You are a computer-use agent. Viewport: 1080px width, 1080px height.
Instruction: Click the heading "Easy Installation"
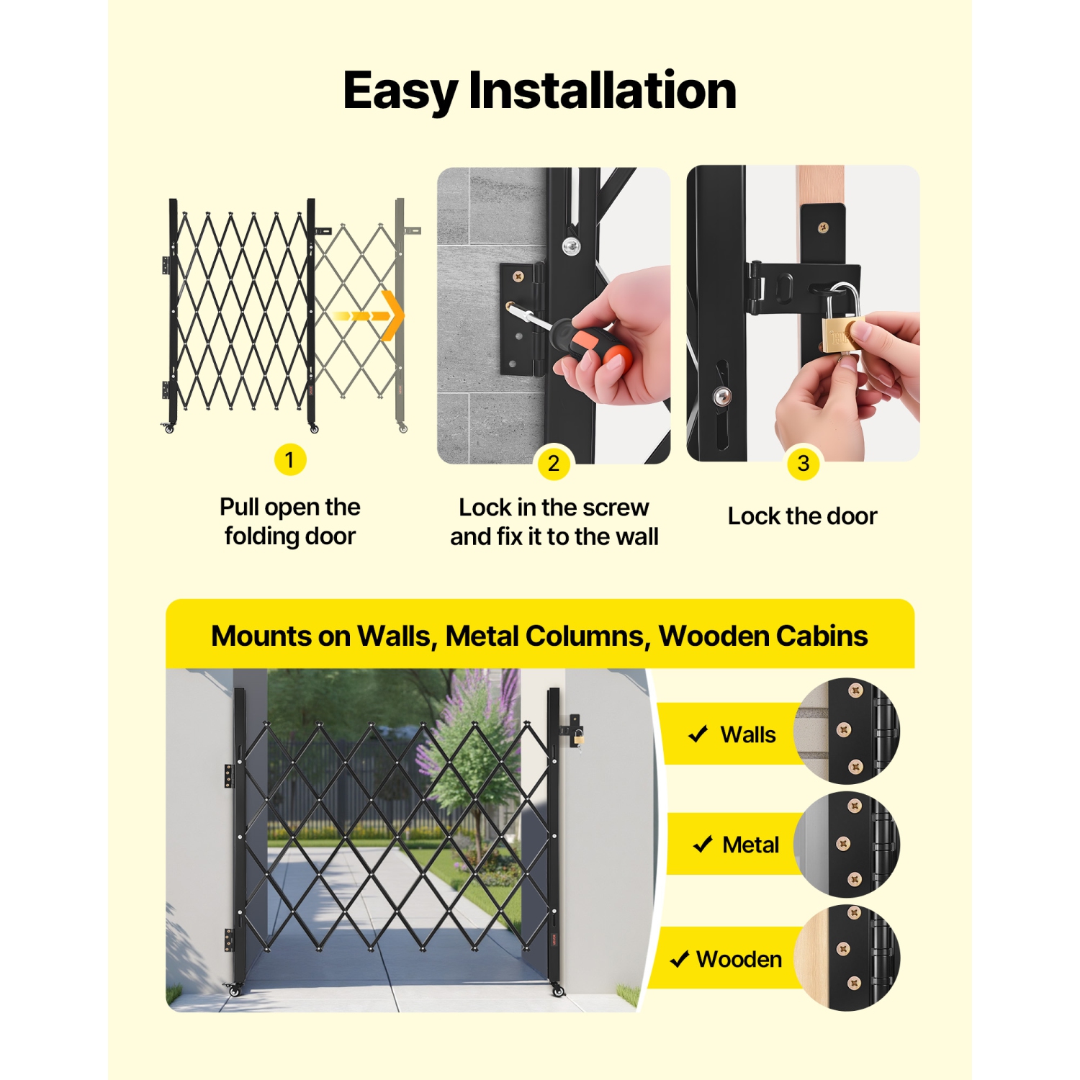[x=539, y=91]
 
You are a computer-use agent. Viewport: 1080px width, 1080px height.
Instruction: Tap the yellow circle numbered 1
[x=290, y=459]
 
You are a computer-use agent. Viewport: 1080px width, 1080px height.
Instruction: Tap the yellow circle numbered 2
[x=554, y=463]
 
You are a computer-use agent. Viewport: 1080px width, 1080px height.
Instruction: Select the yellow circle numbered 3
[x=803, y=463]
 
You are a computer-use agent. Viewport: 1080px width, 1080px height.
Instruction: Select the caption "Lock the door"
[x=802, y=516]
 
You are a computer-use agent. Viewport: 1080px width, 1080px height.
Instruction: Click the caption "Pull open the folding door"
[x=290, y=521]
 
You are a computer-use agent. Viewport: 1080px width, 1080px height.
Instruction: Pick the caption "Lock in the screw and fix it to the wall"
[x=554, y=522]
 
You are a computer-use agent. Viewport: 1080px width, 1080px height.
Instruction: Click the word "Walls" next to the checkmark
[x=748, y=734]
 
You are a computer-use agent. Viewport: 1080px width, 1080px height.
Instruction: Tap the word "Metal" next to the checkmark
[x=750, y=845]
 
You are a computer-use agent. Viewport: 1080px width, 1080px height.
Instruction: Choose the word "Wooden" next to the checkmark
[x=739, y=959]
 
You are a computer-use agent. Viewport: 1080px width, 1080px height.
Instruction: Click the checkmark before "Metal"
[x=702, y=845]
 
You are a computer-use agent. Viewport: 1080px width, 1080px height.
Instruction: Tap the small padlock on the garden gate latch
[x=578, y=737]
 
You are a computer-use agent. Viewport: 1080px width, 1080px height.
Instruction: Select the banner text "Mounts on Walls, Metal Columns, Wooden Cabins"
[x=539, y=636]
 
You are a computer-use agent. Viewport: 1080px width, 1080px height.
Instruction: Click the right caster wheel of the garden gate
[x=558, y=991]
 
